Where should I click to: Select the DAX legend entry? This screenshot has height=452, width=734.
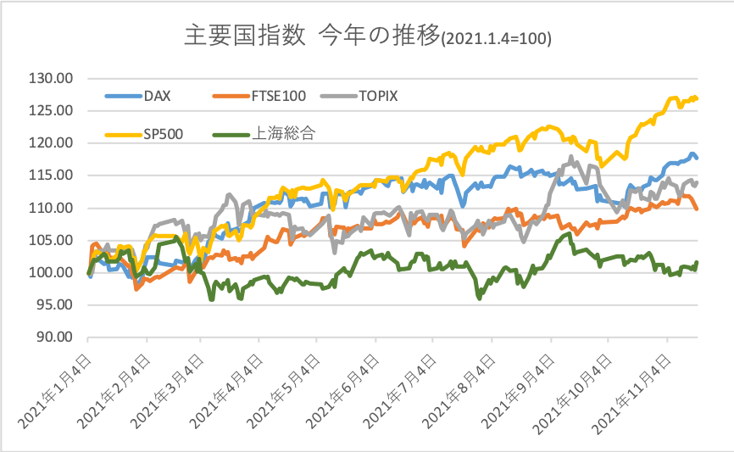(x=157, y=95)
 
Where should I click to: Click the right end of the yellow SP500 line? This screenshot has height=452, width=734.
(x=697, y=98)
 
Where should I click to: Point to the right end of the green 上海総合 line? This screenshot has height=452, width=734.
(x=697, y=263)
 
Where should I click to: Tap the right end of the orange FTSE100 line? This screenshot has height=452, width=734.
(x=697, y=209)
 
